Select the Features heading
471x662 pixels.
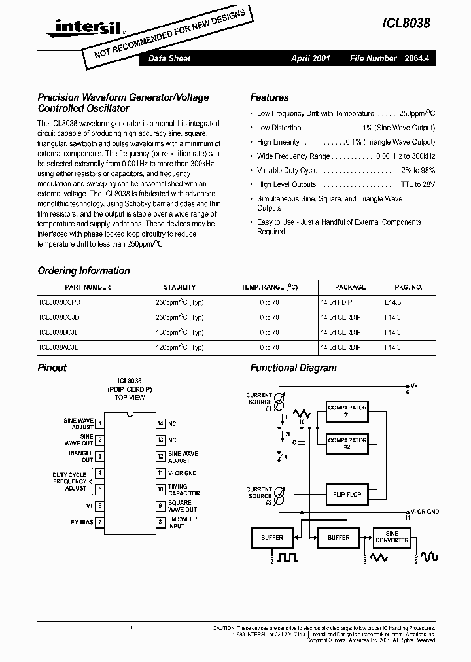pyautogui.click(x=269, y=97)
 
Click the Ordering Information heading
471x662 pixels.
pyautogui.click(x=84, y=271)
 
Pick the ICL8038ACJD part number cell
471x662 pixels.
pyautogui.click(x=60, y=348)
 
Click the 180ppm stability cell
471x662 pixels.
pyautogui.click(x=179, y=332)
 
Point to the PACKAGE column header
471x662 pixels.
pyautogui.click(x=350, y=287)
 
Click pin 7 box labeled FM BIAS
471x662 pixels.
pyautogui.click(x=100, y=522)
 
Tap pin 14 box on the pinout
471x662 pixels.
pyautogui.click(x=160, y=424)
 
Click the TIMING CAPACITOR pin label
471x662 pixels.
pyautogui.click(x=184, y=490)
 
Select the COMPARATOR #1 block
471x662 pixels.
pyautogui.click(x=347, y=411)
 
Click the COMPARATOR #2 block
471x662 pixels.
pyautogui.click(x=347, y=444)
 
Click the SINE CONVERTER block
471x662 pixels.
pyautogui.click(x=392, y=537)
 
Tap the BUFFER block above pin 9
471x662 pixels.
pyautogui.click(x=272, y=538)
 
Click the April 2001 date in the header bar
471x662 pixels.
pyautogui.click(x=310, y=58)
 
